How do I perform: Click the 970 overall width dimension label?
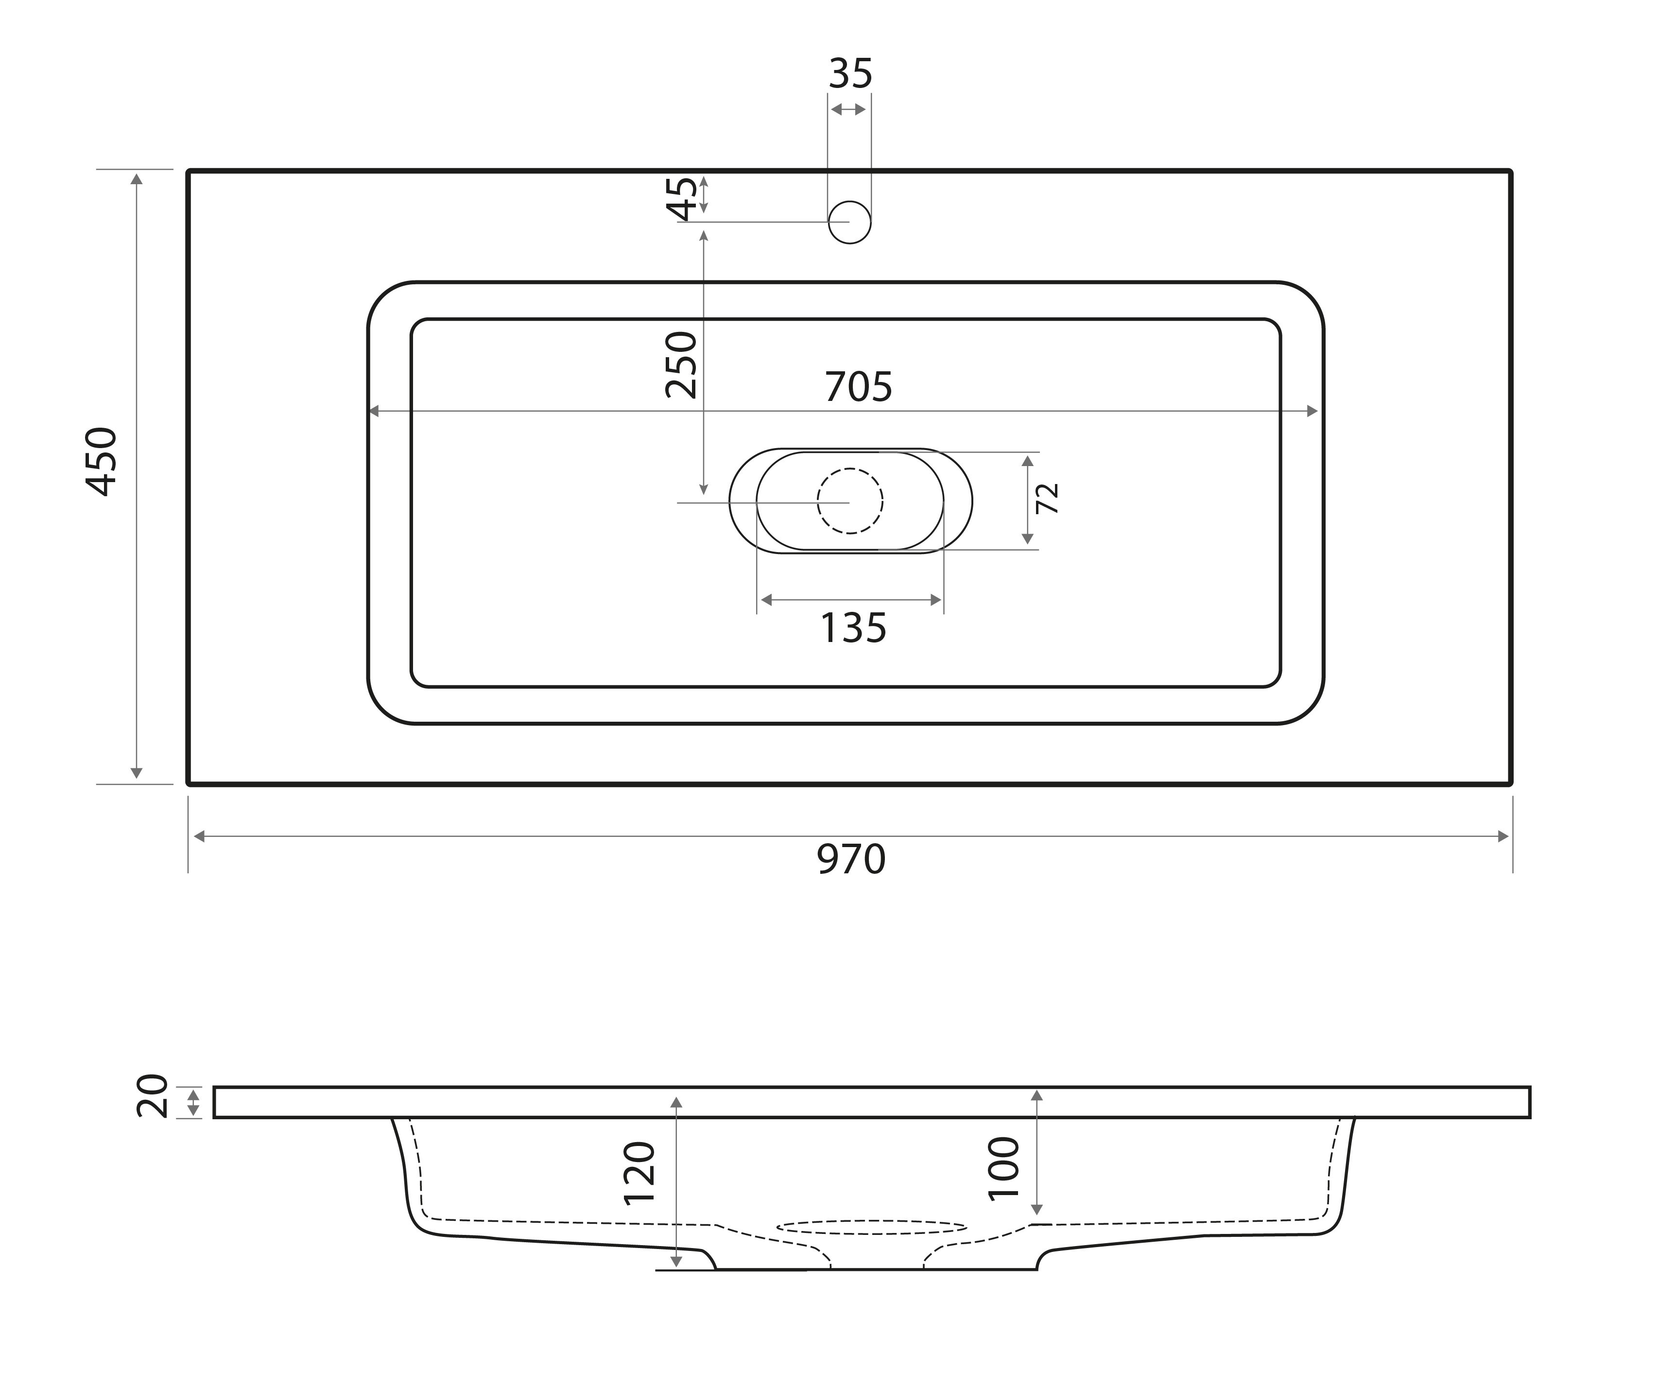[x=851, y=859]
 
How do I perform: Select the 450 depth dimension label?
[x=102, y=462]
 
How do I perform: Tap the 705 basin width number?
[x=858, y=387]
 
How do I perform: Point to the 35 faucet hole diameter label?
[x=850, y=74]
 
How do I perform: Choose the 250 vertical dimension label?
[x=681, y=365]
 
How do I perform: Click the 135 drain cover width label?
[x=853, y=628]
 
